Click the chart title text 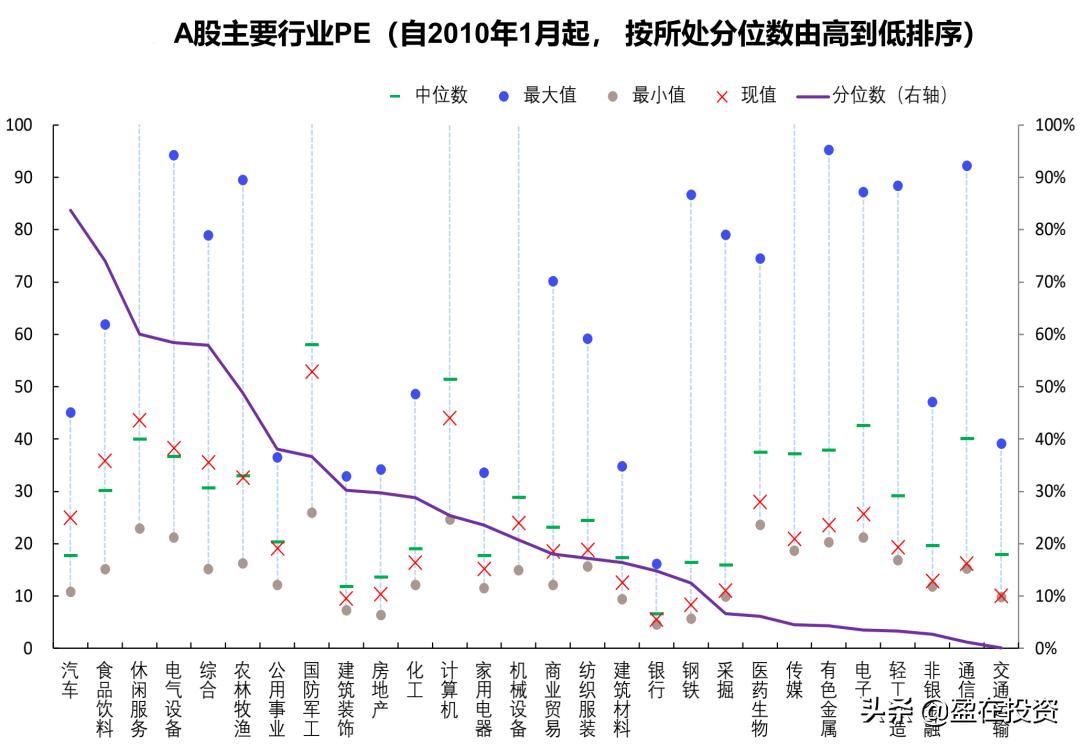point(574,35)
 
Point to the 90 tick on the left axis point(20,177)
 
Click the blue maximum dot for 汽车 point(70,412)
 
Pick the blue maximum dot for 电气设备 point(174,155)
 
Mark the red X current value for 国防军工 point(312,371)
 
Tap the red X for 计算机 point(450,418)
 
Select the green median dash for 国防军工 point(312,345)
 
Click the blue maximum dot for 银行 point(657,564)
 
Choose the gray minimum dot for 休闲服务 point(139,528)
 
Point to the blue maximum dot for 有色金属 point(829,150)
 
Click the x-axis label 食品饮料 point(105,697)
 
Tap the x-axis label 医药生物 point(760,697)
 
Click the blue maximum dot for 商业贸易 point(553,281)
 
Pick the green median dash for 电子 point(863,426)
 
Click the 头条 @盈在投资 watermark point(960,712)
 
